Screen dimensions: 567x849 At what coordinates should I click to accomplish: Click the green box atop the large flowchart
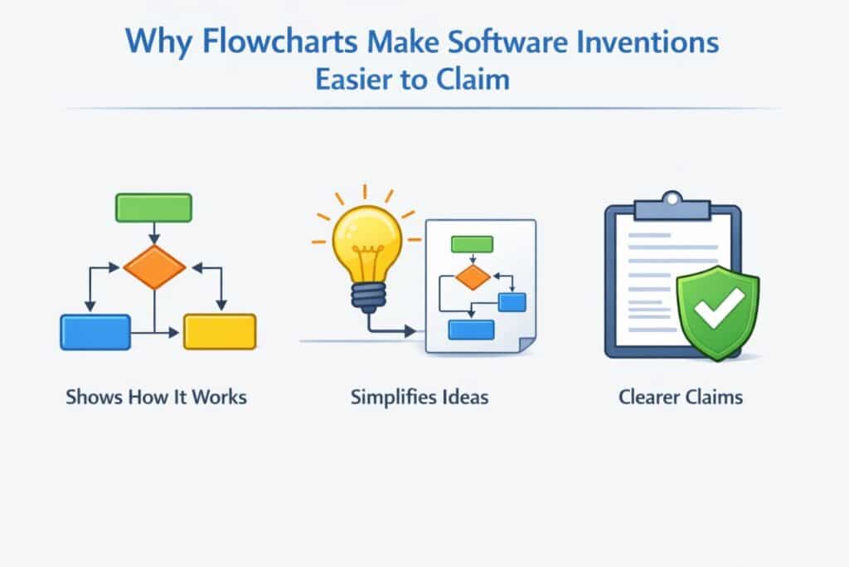pyautogui.click(x=153, y=207)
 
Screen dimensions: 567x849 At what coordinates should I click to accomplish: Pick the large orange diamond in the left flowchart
pyautogui.click(x=154, y=267)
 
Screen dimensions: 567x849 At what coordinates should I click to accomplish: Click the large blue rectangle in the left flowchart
pyautogui.click(x=95, y=331)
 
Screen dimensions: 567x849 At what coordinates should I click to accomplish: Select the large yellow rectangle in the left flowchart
pyautogui.click(x=220, y=331)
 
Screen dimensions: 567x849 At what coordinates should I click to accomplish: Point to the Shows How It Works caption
pyautogui.click(x=156, y=397)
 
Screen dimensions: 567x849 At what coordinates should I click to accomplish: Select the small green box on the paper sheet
pyautogui.click(x=472, y=244)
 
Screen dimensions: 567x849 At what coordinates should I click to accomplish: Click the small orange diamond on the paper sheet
pyautogui.click(x=473, y=277)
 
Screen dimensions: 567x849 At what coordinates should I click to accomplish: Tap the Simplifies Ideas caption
pyautogui.click(x=420, y=397)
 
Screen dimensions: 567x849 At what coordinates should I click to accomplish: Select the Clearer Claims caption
pyautogui.click(x=681, y=397)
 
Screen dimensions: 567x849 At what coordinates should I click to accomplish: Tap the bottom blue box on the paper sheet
pyautogui.click(x=471, y=329)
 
